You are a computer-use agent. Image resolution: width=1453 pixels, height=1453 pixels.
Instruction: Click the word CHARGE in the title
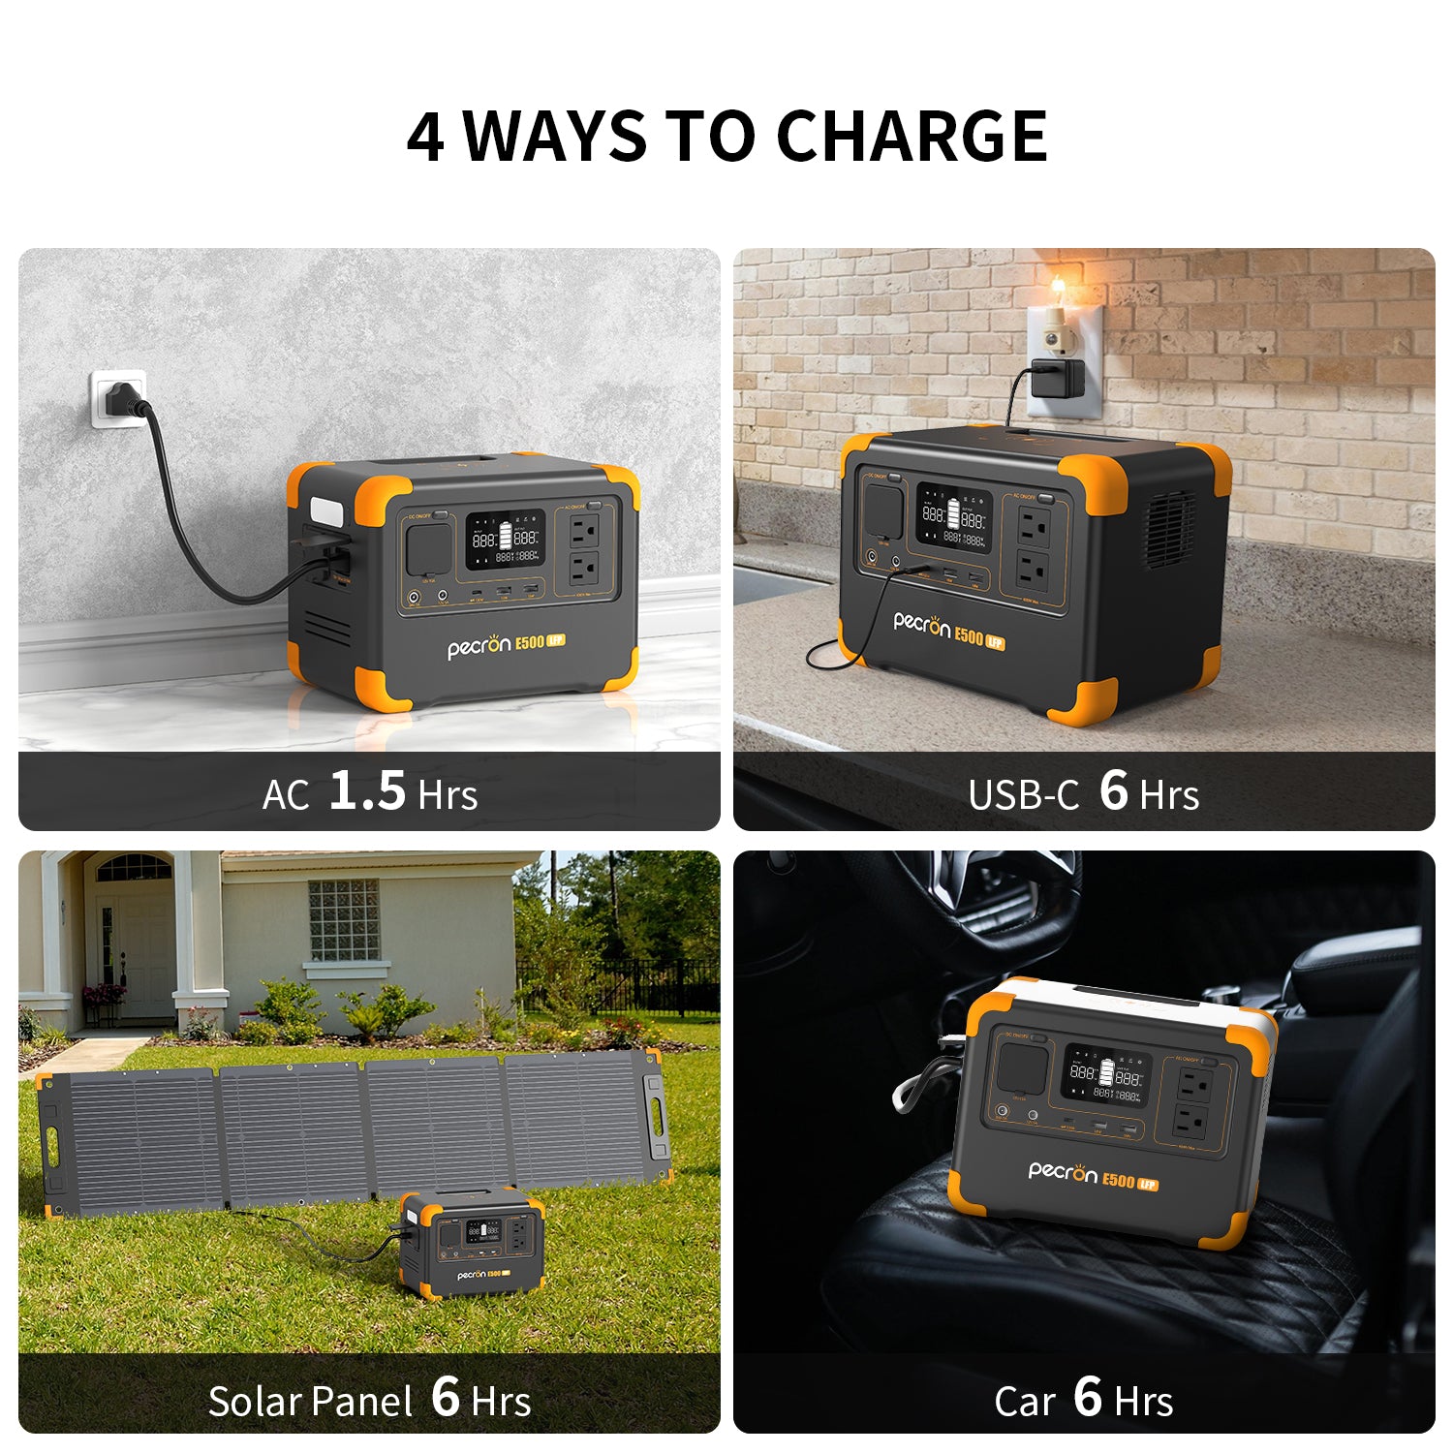point(912,136)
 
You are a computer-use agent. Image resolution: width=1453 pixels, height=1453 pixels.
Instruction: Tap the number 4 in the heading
point(425,137)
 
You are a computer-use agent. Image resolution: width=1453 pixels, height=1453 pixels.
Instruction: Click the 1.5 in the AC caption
point(367,790)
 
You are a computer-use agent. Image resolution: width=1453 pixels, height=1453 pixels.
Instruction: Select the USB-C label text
point(1023,795)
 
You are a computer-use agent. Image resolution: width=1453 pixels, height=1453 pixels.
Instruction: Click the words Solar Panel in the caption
point(310,1402)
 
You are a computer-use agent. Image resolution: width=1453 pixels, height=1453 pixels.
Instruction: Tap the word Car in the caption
point(1024,1402)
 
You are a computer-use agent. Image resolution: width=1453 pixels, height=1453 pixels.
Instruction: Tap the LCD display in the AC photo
point(505,541)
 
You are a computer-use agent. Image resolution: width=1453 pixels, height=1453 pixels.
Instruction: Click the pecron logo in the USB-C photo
point(921,625)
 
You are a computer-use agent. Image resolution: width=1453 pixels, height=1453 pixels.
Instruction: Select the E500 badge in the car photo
point(1118,1180)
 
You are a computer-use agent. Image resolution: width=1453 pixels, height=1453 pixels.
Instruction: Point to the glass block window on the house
point(344,920)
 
